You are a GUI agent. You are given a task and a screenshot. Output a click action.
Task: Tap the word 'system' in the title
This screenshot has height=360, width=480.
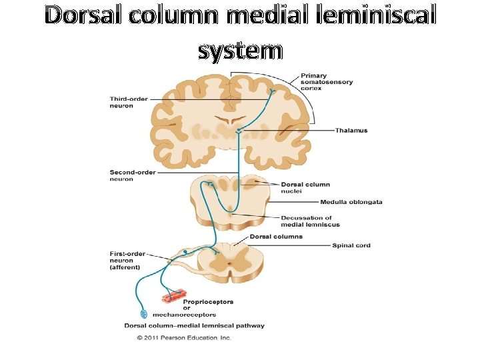tap(240, 50)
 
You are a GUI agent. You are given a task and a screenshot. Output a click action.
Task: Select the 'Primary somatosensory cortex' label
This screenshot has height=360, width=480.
tap(326, 81)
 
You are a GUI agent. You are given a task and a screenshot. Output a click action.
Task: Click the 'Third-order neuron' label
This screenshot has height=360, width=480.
tap(129, 103)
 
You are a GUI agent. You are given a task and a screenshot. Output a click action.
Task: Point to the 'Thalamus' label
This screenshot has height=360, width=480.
tap(351, 130)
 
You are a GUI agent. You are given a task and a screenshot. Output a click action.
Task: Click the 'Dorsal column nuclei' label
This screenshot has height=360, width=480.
tap(305, 187)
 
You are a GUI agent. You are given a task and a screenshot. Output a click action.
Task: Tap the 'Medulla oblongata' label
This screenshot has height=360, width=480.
tap(351, 202)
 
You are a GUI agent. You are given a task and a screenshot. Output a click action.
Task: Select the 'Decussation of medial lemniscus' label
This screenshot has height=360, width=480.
tap(306, 221)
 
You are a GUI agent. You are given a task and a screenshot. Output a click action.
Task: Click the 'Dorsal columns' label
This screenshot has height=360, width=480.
tap(276, 236)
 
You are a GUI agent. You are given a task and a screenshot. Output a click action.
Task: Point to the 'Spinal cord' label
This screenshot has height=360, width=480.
tap(351, 245)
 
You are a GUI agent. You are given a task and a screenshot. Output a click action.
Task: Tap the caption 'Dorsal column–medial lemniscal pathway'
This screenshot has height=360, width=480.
tap(194, 326)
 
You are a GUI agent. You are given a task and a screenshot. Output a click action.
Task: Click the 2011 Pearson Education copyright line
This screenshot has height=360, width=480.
tap(184, 338)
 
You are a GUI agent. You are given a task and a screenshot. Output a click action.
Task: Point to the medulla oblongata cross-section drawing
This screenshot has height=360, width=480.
tap(229, 199)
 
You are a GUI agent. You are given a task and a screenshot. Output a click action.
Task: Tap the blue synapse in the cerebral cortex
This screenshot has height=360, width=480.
tap(272, 91)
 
